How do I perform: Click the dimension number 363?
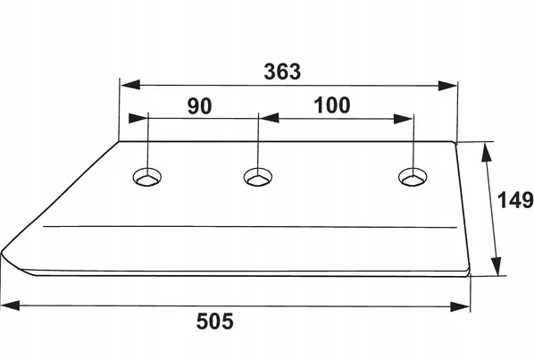(x=282, y=71)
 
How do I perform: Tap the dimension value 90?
(x=199, y=105)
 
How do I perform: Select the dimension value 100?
(x=331, y=105)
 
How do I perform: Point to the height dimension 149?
(x=515, y=200)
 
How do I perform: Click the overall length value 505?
(x=215, y=322)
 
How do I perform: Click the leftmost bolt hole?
(x=147, y=177)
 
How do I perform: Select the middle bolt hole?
(x=258, y=177)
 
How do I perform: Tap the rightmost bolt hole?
(x=413, y=177)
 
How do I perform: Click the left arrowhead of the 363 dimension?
(x=130, y=85)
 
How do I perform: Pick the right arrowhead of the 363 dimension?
(x=447, y=86)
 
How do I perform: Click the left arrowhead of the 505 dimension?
(x=10, y=306)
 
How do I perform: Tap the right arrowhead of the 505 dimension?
(x=460, y=306)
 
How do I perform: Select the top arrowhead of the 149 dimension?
(x=487, y=152)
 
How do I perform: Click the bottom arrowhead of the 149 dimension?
(x=496, y=266)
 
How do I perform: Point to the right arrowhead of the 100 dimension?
(x=404, y=119)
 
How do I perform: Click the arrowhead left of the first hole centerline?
(x=138, y=118)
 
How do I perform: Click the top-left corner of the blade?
(x=119, y=141)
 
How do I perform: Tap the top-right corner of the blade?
(x=455, y=142)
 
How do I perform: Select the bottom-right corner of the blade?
(x=469, y=273)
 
